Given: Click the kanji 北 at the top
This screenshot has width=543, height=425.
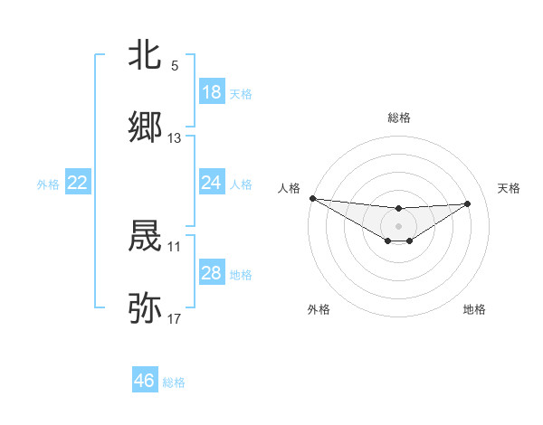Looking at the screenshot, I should pos(145,56).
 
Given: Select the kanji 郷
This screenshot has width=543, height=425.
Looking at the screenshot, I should pos(145,128).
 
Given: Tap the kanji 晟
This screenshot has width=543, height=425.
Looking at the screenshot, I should pos(145,237).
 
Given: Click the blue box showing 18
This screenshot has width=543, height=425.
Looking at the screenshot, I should pos(212,92).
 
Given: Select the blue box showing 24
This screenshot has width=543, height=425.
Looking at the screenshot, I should pos(212,183).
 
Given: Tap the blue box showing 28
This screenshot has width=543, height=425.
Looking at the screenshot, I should pos(212,273).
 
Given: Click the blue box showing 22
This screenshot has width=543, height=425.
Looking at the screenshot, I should pos(78,183).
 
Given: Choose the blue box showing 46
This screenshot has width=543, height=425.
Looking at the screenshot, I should pos(145,381).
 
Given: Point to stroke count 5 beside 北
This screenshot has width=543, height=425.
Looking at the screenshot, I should pos(175,66).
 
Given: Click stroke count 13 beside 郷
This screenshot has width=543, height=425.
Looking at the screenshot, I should pos(175,138).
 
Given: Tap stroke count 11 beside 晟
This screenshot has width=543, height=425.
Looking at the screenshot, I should pos(175,246).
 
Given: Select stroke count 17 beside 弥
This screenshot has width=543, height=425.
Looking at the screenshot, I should pos(175,318).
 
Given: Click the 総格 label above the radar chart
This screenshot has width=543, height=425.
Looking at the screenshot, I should pos(399,118).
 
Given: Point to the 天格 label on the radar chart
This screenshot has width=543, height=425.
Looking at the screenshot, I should pos(510,188).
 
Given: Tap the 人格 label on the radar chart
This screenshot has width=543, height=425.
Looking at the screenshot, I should pos(289,188).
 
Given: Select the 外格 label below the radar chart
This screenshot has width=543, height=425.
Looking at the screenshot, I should pos(319,309).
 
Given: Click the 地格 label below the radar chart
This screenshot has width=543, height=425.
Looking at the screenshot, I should pos(474,309).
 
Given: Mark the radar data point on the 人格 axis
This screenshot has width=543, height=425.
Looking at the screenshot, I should pos(312,198).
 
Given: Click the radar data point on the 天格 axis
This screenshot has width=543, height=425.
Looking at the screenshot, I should pos(468,203).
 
